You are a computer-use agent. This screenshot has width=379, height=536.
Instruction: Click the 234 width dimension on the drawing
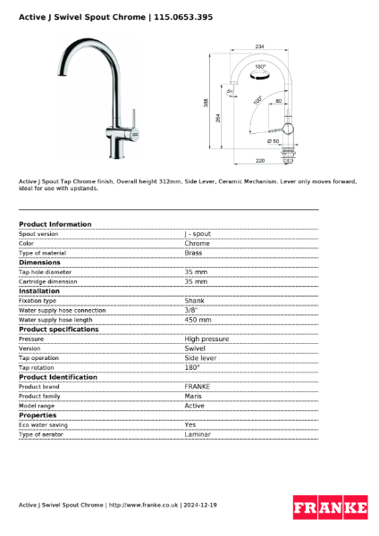pyautogui.click(x=259, y=46)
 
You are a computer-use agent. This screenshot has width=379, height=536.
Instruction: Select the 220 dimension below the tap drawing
pyautogui.click(x=258, y=162)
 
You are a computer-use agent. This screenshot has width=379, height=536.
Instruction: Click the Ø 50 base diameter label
pyautogui.click(x=273, y=142)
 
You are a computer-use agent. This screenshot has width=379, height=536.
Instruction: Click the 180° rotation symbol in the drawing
pyautogui.click(x=260, y=67)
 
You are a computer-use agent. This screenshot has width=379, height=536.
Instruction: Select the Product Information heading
pyautogui.click(x=55, y=224)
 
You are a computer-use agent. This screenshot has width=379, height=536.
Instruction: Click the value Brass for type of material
pyautogui.click(x=193, y=253)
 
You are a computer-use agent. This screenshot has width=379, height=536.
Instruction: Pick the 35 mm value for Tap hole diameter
pyautogui.click(x=196, y=272)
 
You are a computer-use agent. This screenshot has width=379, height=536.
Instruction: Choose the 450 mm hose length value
pyautogui.click(x=198, y=319)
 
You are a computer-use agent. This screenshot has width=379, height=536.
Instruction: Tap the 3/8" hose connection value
pyautogui.click(x=190, y=310)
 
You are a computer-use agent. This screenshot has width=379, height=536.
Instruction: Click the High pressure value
pyautogui.click(x=206, y=339)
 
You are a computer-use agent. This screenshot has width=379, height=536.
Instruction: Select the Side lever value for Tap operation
pyautogui.click(x=200, y=357)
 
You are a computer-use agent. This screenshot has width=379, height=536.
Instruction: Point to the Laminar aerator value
pyautogui.click(x=198, y=434)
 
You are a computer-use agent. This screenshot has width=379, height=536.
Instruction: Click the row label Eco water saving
pyautogui.click(x=43, y=424)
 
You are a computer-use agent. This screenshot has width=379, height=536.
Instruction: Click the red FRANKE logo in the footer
pyautogui.click(x=330, y=507)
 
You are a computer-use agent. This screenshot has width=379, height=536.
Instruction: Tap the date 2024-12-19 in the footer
pyautogui.click(x=199, y=505)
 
